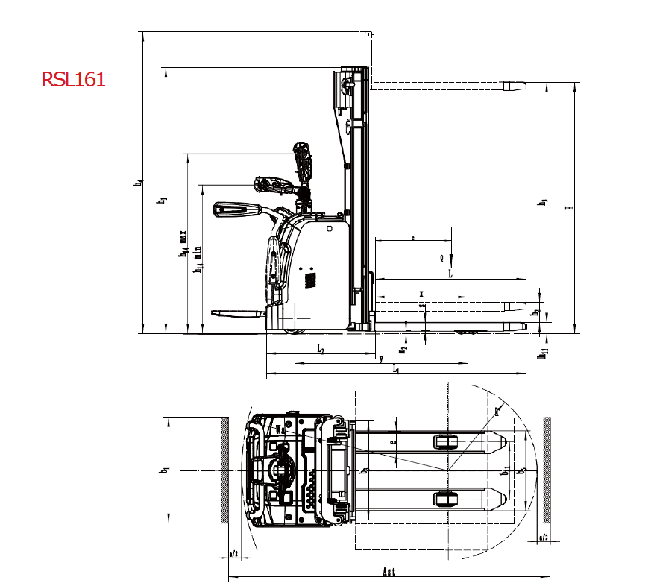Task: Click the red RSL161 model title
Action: click(x=73, y=79)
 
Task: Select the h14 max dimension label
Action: click(x=182, y=243)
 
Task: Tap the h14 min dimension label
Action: click(x=198, y=258)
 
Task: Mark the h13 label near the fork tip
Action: click(x=544, y=352)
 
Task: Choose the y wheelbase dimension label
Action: click(x=381, y=359)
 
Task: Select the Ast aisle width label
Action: click(x=389, y=572)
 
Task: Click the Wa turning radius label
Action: click(x=280, y=429)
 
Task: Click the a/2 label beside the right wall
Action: click(x=544, y=537)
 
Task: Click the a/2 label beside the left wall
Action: click(x=233, y=554)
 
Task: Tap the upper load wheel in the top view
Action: click(x=445, y=442)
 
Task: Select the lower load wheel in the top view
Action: click(x=445, y=498)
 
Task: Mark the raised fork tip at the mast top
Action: click(x=515, y=86)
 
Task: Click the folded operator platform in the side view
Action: click(x=238, y=313)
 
